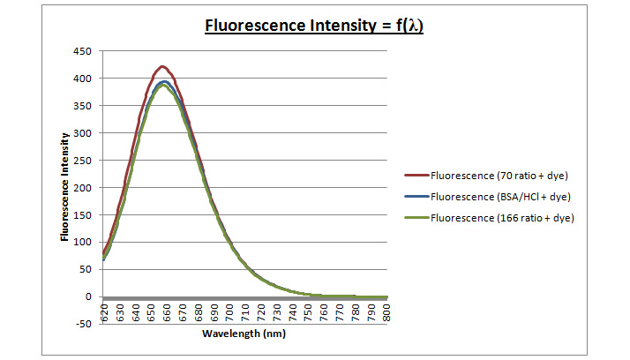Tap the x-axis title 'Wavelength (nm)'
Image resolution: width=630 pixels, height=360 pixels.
point(244,334)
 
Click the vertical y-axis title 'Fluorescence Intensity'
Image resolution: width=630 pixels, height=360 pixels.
point(65,187)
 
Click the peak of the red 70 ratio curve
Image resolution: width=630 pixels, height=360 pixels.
point(162,66)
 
